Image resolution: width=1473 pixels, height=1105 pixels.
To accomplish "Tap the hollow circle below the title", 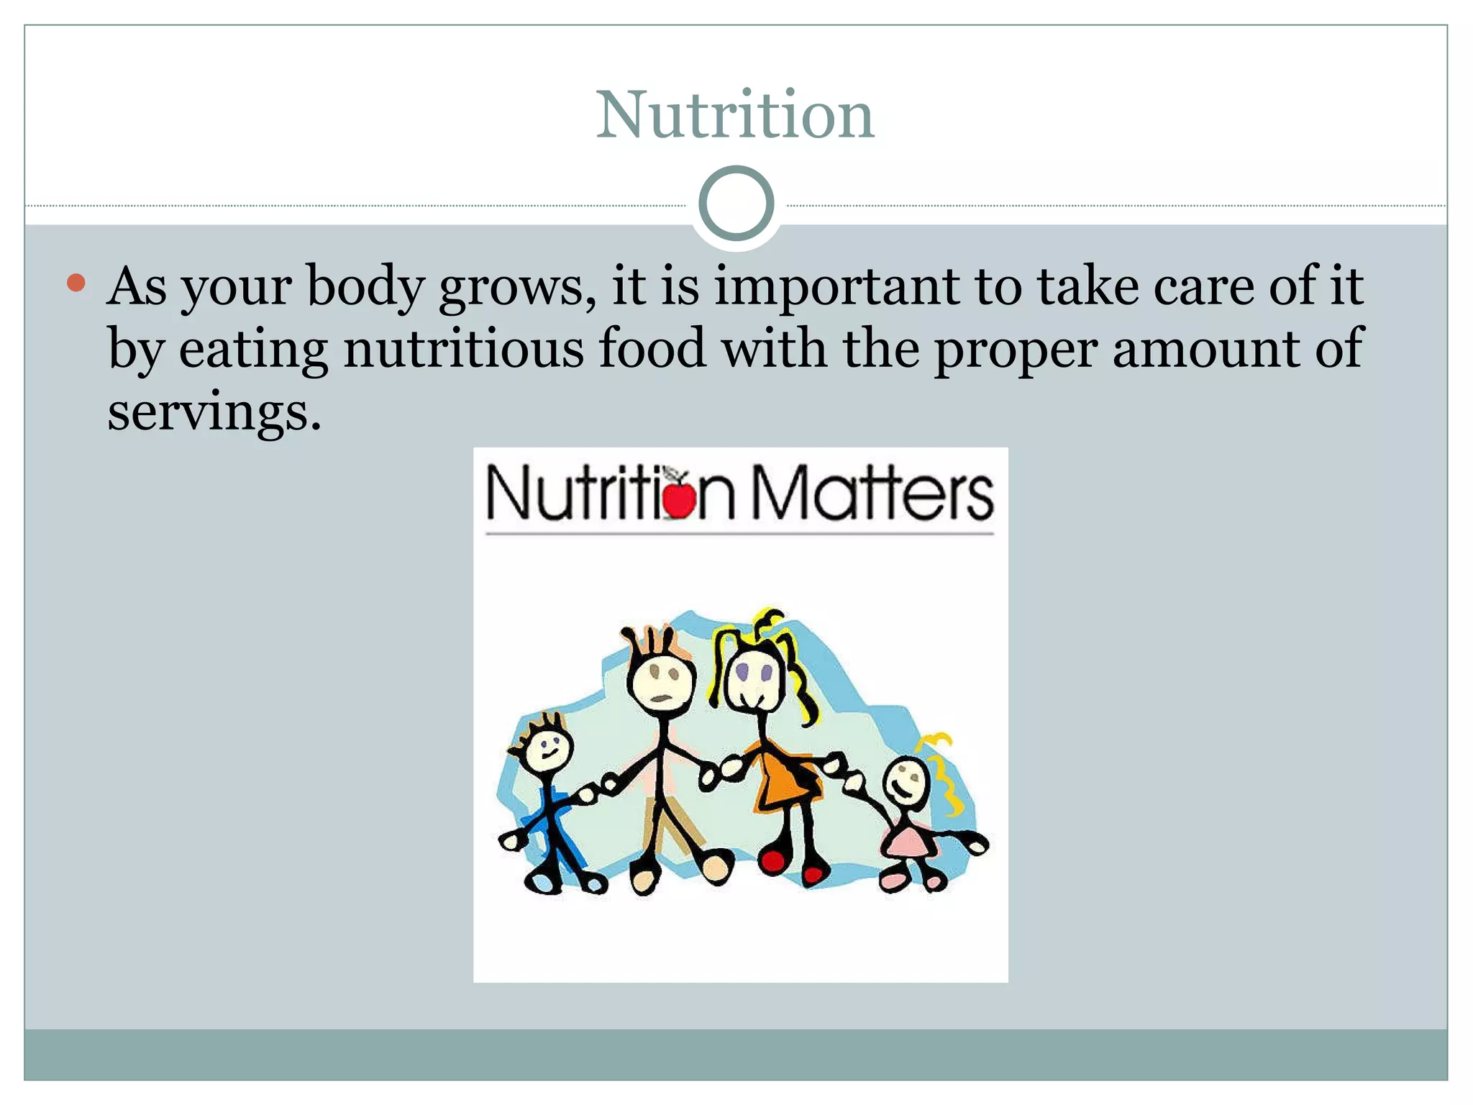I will click(736, 204).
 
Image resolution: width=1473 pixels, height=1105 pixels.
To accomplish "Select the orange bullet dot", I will click(76, 282).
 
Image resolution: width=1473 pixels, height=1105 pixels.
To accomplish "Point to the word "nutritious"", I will click(464, 349).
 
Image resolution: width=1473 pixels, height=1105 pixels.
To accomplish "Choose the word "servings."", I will click(214, 412).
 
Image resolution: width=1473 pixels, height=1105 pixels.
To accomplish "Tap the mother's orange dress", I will click(784, 780).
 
